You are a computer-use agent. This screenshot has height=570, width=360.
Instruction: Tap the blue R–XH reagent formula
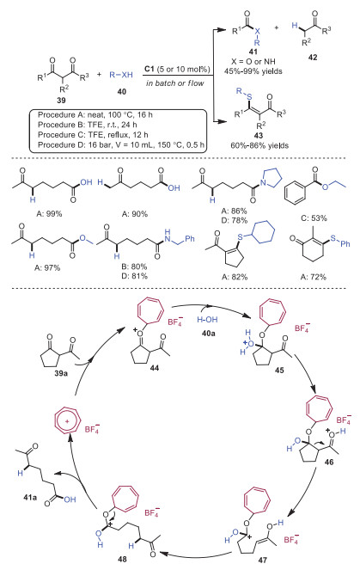tap(121, 76)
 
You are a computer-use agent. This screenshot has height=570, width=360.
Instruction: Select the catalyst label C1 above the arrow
tap(149, 69)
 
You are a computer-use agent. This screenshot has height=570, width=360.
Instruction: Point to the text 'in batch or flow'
tap(174, 83)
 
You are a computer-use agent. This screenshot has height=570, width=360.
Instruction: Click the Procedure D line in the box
tap(121, 144)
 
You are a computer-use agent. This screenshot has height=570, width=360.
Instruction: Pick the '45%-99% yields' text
tap(253, 71)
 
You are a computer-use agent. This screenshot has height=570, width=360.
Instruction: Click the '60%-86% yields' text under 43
tap(259, 146)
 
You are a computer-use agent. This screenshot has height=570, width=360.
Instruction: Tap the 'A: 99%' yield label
tap(50, 214)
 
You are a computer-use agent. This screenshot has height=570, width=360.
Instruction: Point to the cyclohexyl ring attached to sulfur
tap(263, 231)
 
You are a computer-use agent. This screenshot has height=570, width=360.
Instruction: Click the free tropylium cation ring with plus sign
tap(68, 420)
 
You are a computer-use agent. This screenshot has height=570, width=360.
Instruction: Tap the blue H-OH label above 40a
tap(207, 320)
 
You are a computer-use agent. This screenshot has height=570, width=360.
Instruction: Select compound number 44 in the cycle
tap(154, 368)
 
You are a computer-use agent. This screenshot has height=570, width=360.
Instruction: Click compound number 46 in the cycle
tap(329, 463)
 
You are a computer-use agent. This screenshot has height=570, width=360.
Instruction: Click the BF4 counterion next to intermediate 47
tap(291, 539)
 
